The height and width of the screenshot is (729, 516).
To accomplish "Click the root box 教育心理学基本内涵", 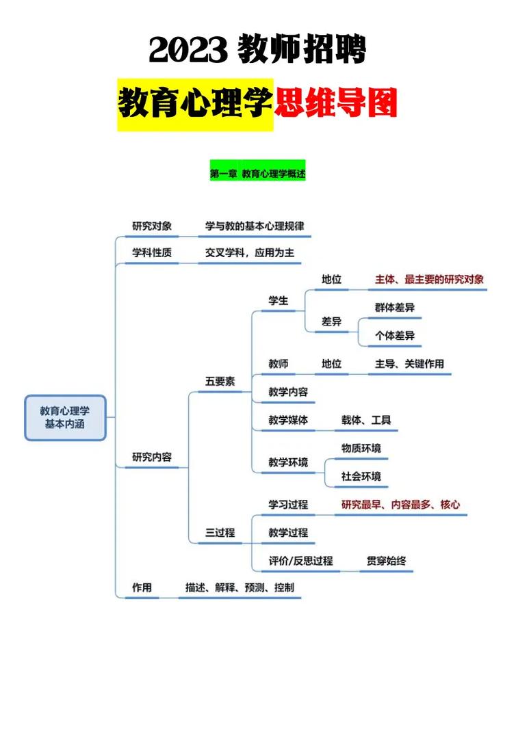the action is click(x=65, y=418).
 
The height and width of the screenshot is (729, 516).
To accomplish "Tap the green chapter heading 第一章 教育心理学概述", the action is click(x=258, y=174).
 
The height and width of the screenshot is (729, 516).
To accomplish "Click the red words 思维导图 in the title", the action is click(x=335, y=103).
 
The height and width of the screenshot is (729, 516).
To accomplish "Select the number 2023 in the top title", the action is click(x=188, y=50).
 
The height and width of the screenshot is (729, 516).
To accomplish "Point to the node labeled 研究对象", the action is click(x=152, y=226).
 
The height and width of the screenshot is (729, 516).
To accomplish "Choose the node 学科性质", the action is click(x=152, y=252).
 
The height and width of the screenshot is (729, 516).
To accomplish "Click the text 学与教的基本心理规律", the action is click(x=255, y=226).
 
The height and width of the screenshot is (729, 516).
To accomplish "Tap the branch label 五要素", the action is click(x=220, y=381).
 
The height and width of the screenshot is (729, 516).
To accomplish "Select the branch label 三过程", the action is click(x=220, y=532).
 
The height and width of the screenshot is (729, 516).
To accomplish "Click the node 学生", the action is click(x=279, y=300).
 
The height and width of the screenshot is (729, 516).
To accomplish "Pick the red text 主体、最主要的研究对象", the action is click(x=429, y=279).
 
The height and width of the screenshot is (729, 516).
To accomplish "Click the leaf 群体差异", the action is click(x=395, y=307).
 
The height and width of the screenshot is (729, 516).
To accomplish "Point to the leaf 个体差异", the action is click(x=395, y=335).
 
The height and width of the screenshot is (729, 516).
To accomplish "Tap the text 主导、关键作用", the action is click(x=409, y=364).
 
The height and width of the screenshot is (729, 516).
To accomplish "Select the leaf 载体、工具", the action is click(x=365, y=420).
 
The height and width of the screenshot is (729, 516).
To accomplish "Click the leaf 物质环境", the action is click(x=361, y=448).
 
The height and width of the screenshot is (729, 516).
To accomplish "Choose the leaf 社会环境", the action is click(x=361, y=476).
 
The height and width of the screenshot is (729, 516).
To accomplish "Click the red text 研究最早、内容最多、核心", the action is click(x=400, y=505).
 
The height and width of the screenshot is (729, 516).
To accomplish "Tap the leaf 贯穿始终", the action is click(x=386, y=561).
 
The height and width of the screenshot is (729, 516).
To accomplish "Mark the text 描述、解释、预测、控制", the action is click(x=240, y=587).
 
